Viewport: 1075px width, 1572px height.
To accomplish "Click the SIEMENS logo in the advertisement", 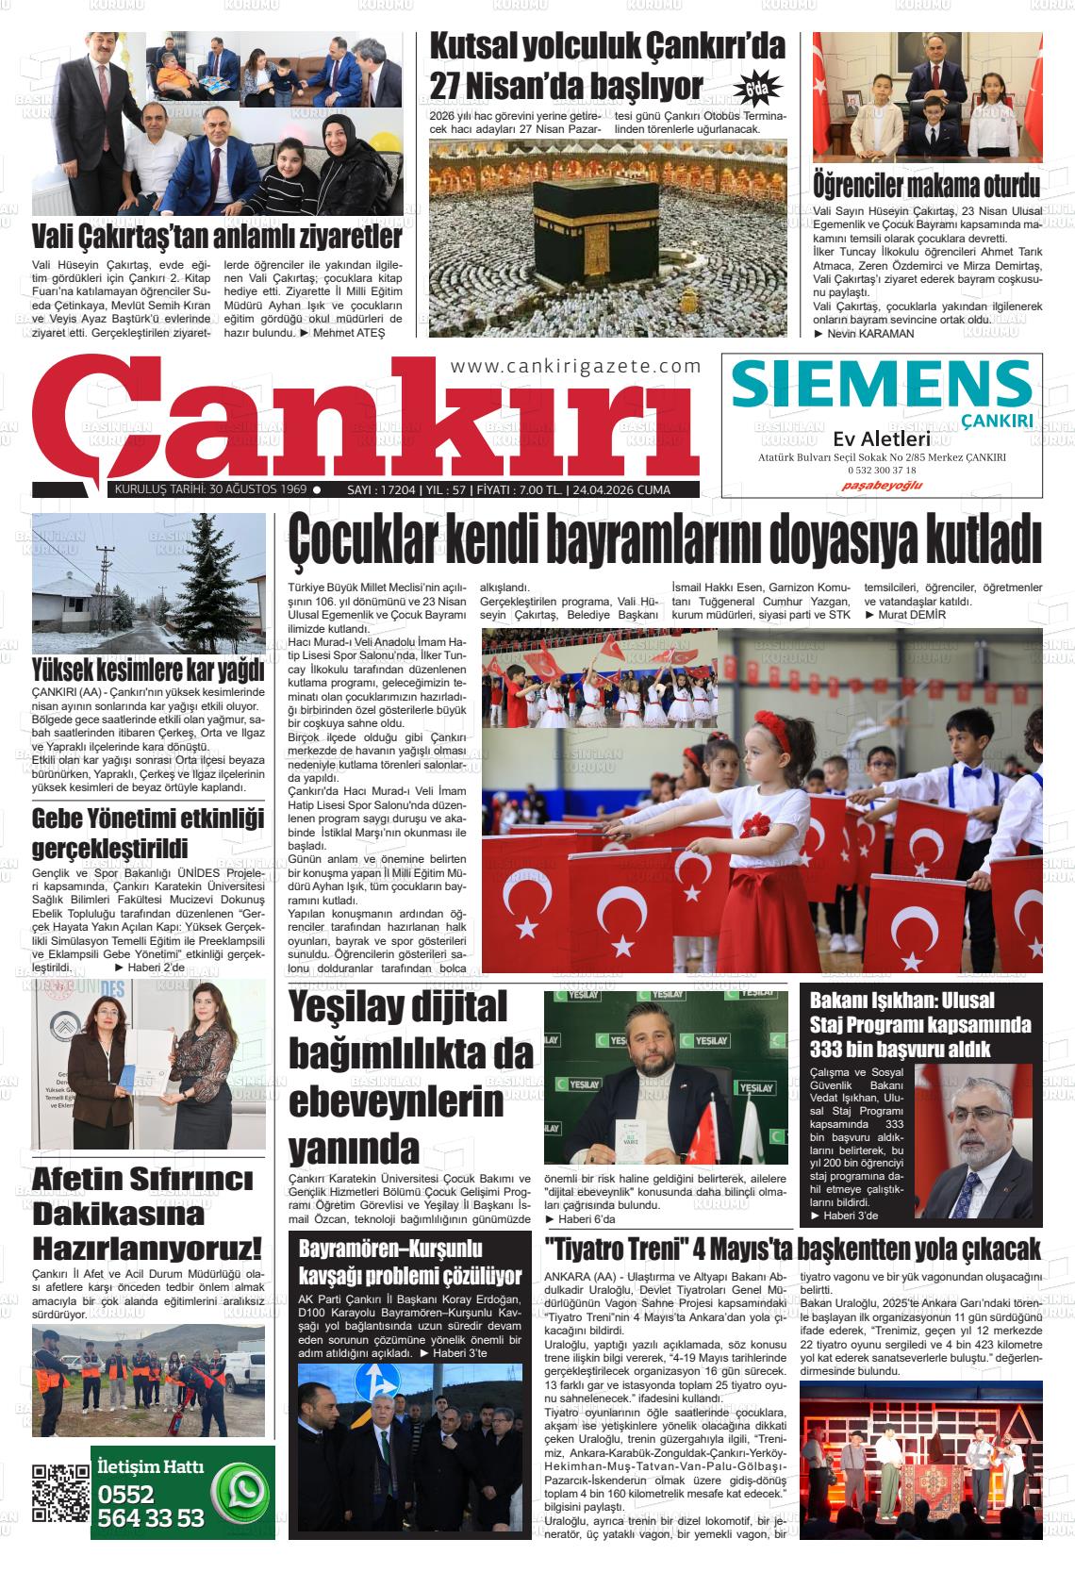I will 881,385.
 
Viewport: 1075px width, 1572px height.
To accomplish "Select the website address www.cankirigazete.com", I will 575,367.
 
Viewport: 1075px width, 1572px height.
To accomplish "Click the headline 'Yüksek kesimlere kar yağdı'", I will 148,671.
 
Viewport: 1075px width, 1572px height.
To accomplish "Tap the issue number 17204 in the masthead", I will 394,489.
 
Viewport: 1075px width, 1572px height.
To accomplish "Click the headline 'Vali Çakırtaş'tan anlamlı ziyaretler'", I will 217,236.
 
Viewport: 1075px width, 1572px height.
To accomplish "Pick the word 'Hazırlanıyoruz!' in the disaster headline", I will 148,1249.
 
